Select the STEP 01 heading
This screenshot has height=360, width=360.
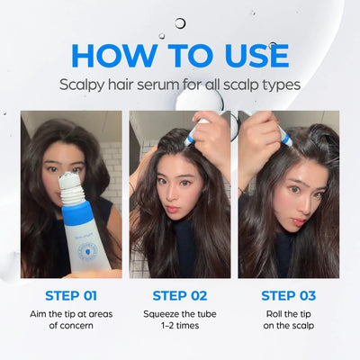71,294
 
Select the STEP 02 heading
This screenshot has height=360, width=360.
180,294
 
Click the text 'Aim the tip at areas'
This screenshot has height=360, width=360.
71,313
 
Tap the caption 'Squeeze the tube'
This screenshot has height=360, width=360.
180,313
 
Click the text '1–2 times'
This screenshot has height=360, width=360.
180,328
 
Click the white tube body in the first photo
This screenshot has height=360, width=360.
85,247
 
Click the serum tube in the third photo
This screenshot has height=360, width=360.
281,134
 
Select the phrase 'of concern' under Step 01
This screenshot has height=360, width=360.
71,328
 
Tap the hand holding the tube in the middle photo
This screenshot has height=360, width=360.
213,139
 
